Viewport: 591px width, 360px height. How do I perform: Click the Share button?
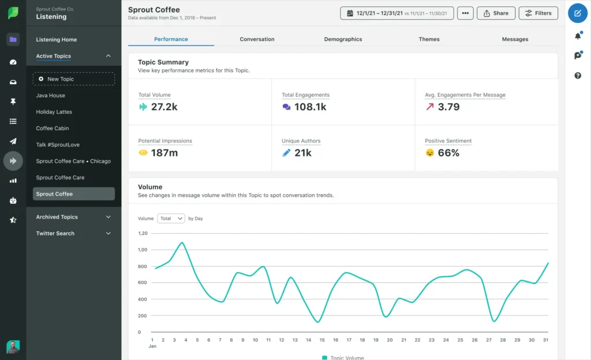tap(496, 13)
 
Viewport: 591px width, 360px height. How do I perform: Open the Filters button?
tap(538, 13)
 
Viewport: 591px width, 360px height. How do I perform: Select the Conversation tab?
tap(257, 39)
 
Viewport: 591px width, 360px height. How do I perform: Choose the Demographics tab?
tap(343, 39)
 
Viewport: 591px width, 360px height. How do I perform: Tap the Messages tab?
tap(515, 39)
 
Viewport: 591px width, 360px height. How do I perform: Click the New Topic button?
tap(74, 79)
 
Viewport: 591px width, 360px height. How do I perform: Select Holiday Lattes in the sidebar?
tap(54, 112)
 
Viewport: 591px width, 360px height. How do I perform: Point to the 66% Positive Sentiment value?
tap(448, 153)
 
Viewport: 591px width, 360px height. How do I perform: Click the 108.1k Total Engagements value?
tap(310, 107)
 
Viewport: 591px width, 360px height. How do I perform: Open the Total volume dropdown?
tap(171, 219)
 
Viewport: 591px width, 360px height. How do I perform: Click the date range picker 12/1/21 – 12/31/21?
tap(397, 13)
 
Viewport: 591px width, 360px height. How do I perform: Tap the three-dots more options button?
tap(465, 13)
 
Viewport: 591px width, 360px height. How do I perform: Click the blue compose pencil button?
tap(578, 13)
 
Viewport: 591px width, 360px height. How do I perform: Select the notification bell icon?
tap(578, 36)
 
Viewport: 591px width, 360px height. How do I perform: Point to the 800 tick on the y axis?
tap(142, 267)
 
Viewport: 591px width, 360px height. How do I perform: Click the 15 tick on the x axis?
tap(322, 340)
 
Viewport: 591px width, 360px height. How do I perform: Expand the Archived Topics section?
tap(74, 217)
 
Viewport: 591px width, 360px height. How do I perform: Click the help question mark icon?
tap(578, 76)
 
